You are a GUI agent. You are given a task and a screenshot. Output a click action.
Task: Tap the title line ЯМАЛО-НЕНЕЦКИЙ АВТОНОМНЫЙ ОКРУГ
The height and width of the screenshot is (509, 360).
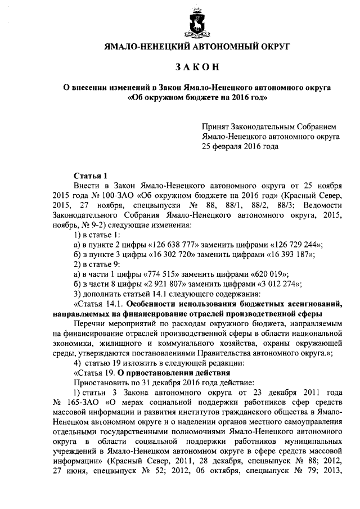coord(197,47)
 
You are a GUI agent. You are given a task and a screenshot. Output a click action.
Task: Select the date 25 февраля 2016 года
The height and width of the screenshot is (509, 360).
coord(240,147)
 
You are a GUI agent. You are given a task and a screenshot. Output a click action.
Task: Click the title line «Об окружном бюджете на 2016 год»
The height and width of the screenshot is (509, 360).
coord(197,97)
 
